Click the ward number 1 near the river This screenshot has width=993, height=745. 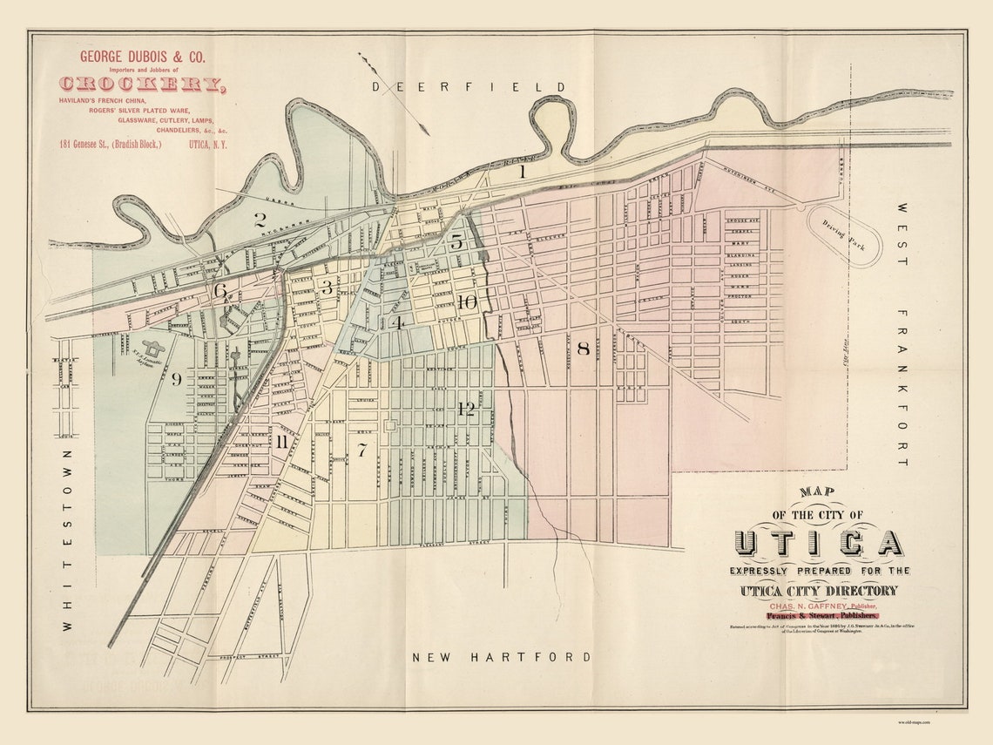[x=523, y=172]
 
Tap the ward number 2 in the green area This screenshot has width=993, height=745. [x=259, y=220]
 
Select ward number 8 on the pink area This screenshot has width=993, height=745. [x=583, y=349]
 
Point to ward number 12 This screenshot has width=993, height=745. [x=466, y=409]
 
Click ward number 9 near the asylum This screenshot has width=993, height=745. [x=176, y=378]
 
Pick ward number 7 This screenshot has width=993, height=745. [x=361, y=450]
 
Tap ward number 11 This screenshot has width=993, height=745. [x=281, y=441]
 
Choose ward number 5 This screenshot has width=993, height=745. [x=456, y=242]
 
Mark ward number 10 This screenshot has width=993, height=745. [x=467, y=302]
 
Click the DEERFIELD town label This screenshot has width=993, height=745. [x=469, y=86]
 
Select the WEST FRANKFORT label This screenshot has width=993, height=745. [x=902, y=335]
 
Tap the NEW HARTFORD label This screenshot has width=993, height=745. [x=501, y=657]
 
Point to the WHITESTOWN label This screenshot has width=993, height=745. [x=67, y=540]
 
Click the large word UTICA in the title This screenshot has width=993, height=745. [x=818, y=543]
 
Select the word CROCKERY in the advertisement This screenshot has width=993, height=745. [x=142, y=84]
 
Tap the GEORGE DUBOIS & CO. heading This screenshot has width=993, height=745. [x=142, y=57]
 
